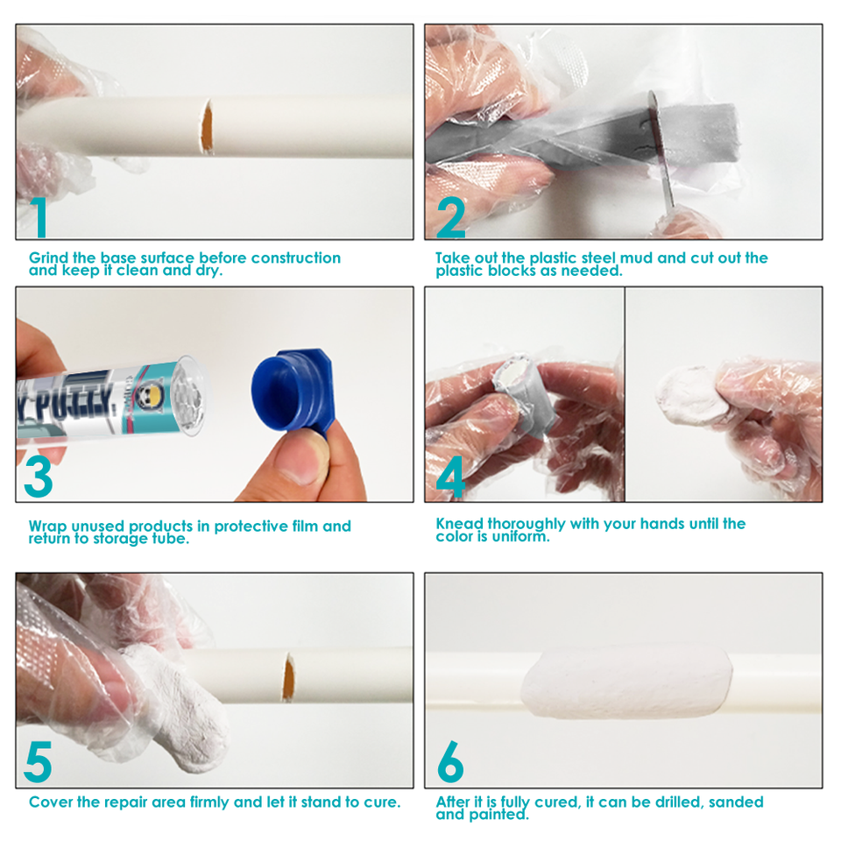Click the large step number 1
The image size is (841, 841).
pos(39,216)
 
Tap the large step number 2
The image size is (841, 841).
pos(450,216)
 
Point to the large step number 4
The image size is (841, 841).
pos(450,477)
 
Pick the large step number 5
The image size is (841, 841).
pos(38,761)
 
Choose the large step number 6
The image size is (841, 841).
pos(450,761)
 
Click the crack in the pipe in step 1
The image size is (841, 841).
pos(207,128)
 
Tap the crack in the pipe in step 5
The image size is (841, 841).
pos(288,677)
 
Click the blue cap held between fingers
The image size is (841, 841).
pos(293,390)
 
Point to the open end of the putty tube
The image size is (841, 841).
pos(188,396)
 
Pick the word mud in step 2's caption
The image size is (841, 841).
pos(637,258)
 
